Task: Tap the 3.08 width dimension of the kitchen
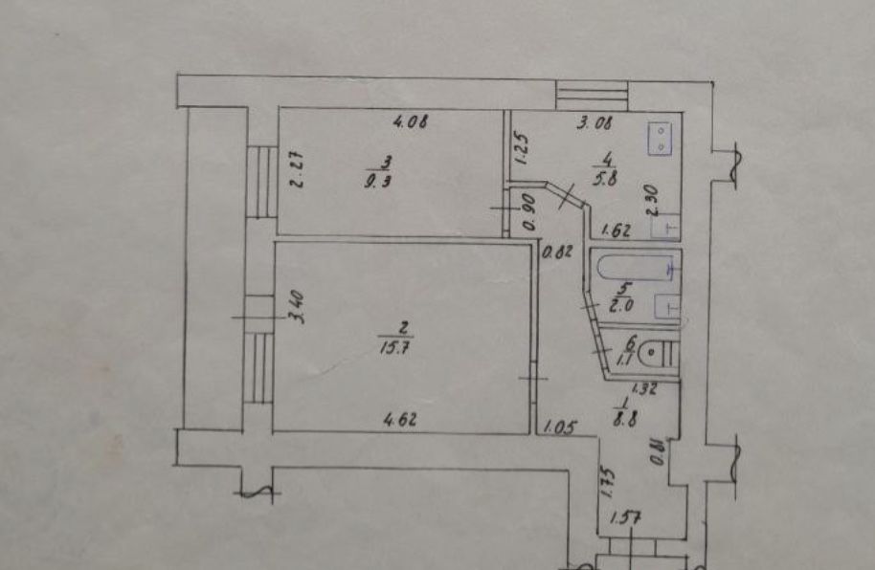pos(595,121)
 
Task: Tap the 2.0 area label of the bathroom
pos(623,306)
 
